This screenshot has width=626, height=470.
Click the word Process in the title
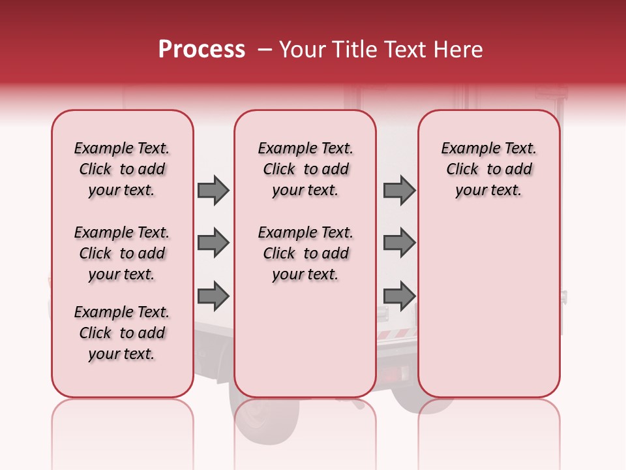(201, 50)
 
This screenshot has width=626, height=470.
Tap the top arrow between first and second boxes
(213, 191)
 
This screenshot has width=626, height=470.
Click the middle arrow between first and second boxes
(213, 243)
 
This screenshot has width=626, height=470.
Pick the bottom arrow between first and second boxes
(213, 296)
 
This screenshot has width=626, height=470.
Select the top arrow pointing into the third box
(399, 191)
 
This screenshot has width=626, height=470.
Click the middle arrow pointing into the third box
(399, 243)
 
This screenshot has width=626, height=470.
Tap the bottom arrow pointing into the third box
(399, 296)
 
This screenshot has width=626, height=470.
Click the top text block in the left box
(122, 169)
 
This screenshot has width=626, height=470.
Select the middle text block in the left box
(122, 253)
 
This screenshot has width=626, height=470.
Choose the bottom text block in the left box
(122, 333)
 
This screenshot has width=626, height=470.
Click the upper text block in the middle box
(305, 169)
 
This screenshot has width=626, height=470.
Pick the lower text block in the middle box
(305, 253)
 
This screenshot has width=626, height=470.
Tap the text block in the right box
(488, 169)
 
